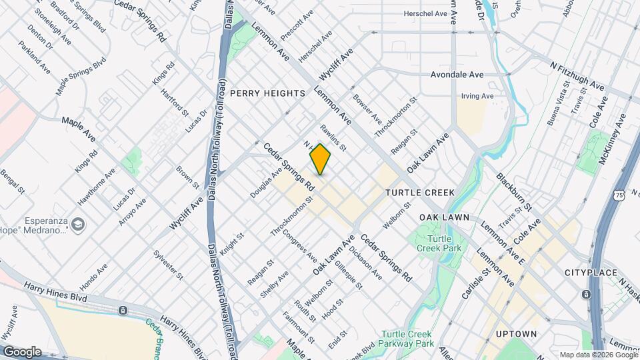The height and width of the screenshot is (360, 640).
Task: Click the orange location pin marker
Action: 320,159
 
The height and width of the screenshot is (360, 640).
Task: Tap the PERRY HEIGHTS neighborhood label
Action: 267,94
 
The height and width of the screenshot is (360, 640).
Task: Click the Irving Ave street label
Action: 477,96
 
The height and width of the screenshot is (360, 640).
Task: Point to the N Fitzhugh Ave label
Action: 577,76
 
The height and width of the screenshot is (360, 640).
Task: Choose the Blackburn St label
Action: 513,192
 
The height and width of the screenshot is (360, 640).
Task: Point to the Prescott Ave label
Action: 297,26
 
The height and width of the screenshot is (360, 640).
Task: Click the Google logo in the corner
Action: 22,351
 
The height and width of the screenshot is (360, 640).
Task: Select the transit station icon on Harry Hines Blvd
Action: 123,311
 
